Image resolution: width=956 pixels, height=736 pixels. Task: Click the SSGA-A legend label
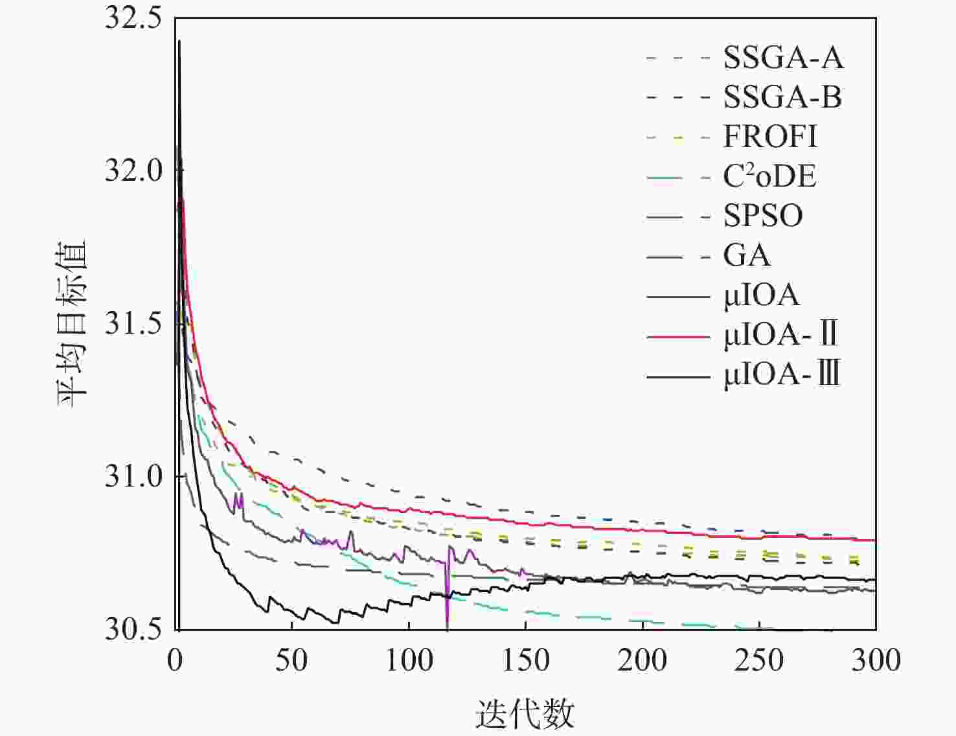coord(783,58)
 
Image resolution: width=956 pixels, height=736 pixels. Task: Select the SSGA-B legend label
coord(782,97)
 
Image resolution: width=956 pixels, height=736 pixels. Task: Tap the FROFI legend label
coord(770,137)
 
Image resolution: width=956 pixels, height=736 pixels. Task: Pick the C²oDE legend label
coord(769,176)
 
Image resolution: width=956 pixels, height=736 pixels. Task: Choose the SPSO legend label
coord(763,216)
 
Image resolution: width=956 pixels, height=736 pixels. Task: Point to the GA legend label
coord(747,255)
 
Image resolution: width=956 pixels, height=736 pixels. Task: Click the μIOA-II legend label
coord(780,335)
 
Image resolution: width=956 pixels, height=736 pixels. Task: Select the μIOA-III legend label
coord(782,374)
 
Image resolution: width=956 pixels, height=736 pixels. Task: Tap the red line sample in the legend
coord(678,336)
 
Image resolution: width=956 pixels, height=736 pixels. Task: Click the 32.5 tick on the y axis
coord(133,18)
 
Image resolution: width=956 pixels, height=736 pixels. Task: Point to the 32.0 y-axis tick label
coord(133,171)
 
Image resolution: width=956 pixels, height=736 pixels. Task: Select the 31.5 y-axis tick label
coord(133,323)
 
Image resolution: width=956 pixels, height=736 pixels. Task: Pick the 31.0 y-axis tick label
coord(133,476)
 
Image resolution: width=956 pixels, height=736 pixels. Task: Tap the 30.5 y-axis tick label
coord(133,628)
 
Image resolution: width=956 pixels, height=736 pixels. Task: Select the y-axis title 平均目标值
coord(73,323)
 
